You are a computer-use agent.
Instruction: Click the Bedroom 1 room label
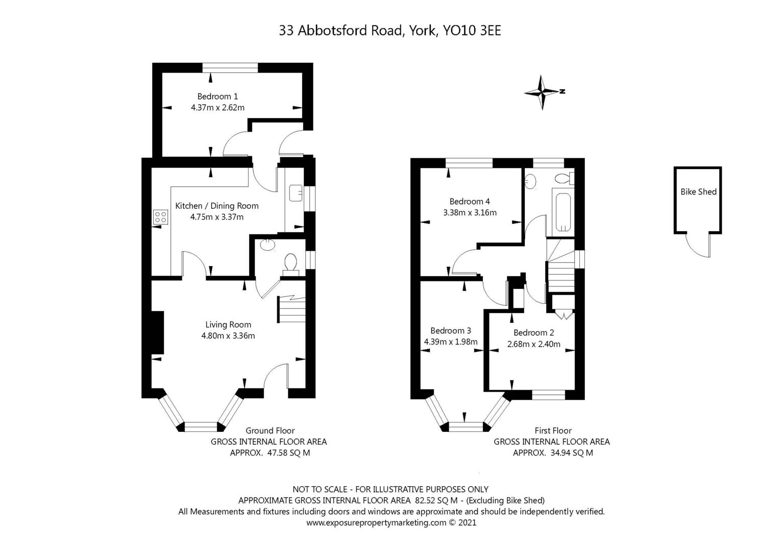[217, 96]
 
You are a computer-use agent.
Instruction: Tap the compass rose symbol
[543, 92]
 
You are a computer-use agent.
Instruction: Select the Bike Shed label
[698, 192]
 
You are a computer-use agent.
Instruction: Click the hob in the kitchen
[161, 216]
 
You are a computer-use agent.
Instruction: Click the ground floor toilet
[291, 263]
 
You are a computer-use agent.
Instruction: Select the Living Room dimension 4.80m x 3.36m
[228, 336]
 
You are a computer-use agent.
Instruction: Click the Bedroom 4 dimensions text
[470, 212]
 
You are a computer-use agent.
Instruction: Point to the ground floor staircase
[291, 310]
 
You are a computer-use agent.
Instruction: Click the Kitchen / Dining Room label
[217, 206]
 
